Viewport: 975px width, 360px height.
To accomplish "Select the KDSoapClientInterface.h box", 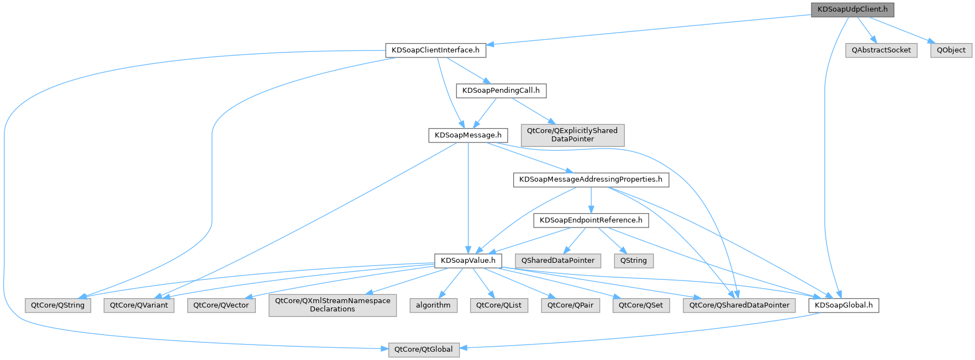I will (x=435, y=50).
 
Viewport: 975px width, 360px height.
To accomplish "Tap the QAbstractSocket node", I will (x=881, y=50).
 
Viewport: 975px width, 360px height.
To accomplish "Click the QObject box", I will (x=951, y=50).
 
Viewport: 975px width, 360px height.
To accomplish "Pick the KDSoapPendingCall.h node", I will (x=500, y=91).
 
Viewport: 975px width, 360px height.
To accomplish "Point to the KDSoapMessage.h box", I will (x=468, y=135).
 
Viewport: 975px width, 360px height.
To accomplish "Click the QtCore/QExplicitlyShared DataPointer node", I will (x=572, y=135).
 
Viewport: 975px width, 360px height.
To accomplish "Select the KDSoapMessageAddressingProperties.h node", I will (x=591, y=179).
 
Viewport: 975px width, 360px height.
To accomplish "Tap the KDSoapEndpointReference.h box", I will (x=591, y=220).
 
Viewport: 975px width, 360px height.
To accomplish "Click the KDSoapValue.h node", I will (x=468, y=260).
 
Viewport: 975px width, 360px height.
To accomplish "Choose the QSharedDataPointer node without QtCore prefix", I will (x=558, y=260).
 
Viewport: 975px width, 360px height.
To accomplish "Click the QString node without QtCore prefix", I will (x=633, y=260).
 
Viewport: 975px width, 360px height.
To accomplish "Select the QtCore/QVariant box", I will (x=139, y=305).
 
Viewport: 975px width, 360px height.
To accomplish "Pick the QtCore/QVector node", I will (x=222, y=305).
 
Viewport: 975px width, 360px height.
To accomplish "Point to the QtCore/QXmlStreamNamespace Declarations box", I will (x=333, y=305).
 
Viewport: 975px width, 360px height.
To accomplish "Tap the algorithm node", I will (x=433, y=305).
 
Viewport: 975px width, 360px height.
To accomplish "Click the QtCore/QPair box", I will (x=571, y=305).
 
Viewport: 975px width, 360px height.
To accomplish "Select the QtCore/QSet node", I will (x=641, y=305).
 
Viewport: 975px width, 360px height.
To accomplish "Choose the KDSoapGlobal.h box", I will (x=844, y=305).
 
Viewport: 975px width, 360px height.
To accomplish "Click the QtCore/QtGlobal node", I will (x=424, y=350).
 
